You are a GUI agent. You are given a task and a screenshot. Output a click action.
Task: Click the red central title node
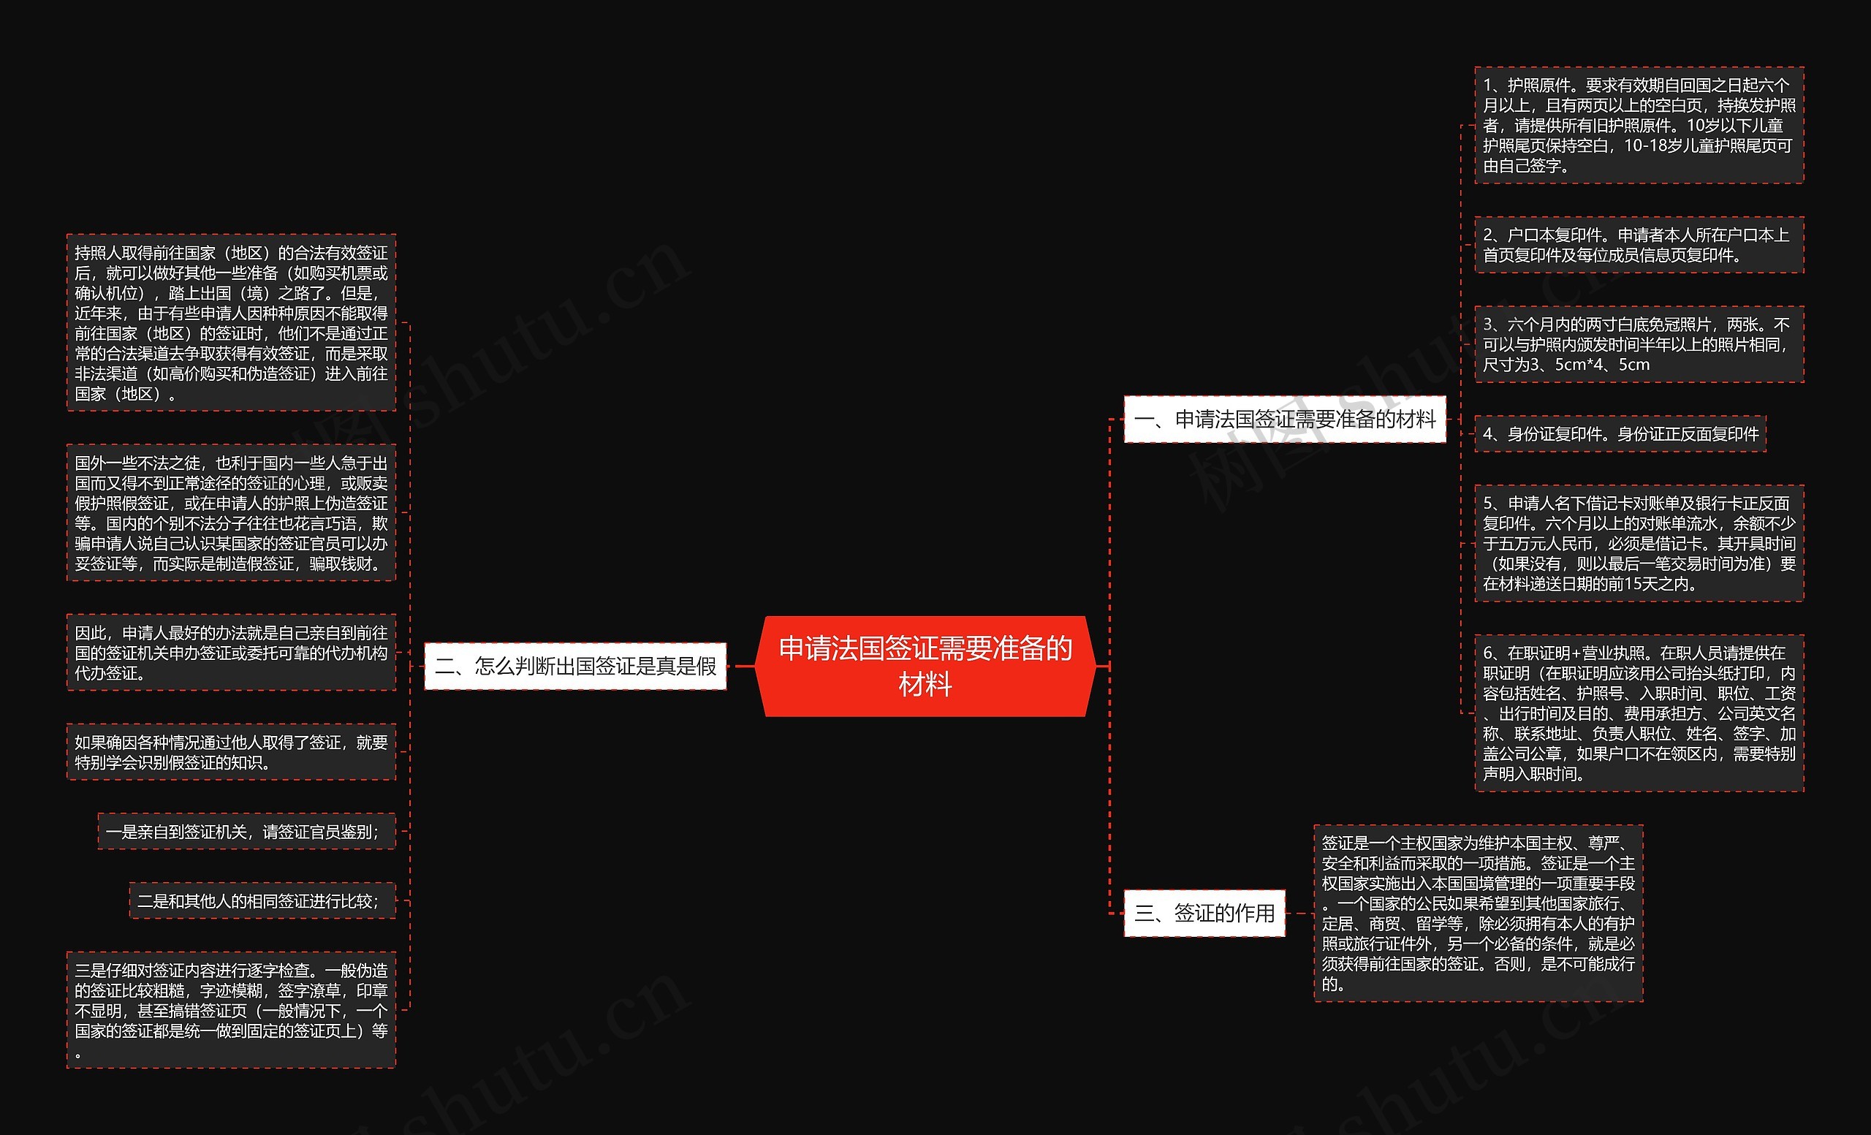tap(925, 666)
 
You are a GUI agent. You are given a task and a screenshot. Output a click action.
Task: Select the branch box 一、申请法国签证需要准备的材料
tap(1284, 419)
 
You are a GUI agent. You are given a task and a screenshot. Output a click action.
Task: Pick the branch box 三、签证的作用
tap(1204, 913)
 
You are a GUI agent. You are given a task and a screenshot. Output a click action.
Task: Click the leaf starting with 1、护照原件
tap(1639, 125)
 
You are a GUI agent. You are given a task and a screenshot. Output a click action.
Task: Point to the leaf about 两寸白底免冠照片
tap(1639, 345)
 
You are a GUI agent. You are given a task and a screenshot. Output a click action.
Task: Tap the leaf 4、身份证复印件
tap(1620, 434)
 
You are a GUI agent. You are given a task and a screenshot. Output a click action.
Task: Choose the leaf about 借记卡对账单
tap(1639, 544)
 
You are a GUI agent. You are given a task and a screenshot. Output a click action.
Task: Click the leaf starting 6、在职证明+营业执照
tap(1639, 713)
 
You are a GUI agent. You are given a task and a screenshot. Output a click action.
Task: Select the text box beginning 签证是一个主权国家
tap(1478, 913)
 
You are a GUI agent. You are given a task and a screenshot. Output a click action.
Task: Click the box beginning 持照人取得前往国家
tap(231, 322)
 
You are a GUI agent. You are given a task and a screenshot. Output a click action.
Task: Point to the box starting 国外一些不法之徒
tap(231, 513)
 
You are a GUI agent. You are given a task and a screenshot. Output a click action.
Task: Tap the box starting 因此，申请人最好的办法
tap(231, 652)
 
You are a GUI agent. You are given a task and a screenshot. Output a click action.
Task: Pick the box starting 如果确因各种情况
tap(231, 751)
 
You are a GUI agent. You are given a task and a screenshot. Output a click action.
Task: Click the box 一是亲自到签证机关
tap(246, 831)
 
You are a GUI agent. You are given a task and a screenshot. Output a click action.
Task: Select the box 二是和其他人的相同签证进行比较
tap(262, 901)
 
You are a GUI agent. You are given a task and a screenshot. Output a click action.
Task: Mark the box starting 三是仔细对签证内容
tap(231, 1010)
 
